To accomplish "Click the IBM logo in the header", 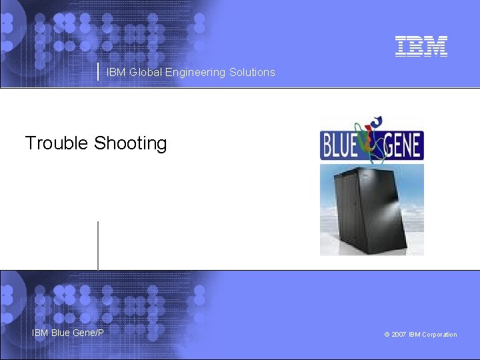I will click(x=421, y=46).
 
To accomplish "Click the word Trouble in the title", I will click(x=57, y=143).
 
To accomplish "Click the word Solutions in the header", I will click(x=252, y=72).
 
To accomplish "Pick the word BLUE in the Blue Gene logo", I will click(x=340, y=145).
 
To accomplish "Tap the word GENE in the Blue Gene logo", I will click(x=402, y=145).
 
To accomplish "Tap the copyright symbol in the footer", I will click(x=387, y=335).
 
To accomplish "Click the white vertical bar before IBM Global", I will click(x=99, y=71).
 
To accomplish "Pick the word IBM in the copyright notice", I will click(x=415, y=335).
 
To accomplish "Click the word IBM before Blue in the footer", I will click(x=40, y=332).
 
